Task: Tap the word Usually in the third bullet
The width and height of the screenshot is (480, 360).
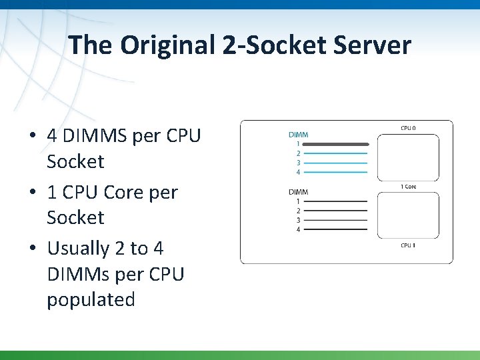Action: click(x=78, y=248)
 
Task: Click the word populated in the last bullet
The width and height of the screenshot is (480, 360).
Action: click(x=91, y=299)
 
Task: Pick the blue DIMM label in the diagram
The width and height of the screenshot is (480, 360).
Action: click(x=298, y=135)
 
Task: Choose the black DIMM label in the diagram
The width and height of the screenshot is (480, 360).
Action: click(x=298, y=192)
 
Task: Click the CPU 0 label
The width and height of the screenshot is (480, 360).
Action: click(x=408, y=127)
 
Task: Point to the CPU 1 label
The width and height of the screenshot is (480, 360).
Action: click(x=408, y=245)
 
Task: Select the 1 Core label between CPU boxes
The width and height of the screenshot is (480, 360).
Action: click(x=408, y=187)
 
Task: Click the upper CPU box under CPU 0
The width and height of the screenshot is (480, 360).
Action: click(x=408, y=157)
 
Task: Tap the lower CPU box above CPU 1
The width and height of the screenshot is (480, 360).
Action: click(x=408, y=215)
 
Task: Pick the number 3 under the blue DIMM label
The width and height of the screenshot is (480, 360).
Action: click(x=298, y=163)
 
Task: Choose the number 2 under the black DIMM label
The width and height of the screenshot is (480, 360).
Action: click(x=298, y=211)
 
